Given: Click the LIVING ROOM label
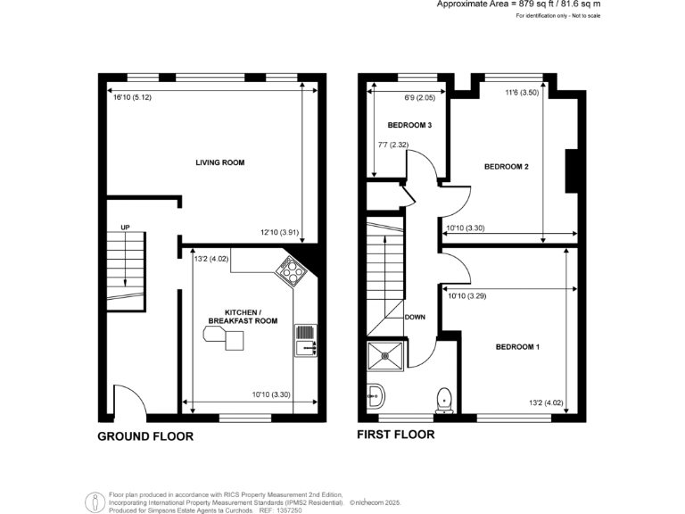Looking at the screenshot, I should (220, 162).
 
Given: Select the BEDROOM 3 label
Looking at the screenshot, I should (409, 126).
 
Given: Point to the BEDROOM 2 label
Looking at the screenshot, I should (507, 166).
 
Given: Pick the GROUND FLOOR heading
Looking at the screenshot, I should (144, 437).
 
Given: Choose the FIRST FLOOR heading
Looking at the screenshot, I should (395, 435).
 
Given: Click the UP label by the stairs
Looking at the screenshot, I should (126, 228).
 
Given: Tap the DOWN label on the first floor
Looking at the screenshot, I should (415, 317).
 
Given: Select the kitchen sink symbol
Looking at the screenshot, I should (304, 339).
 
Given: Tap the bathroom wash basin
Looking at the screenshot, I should (375, 394).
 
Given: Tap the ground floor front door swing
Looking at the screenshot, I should (126, 399).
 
